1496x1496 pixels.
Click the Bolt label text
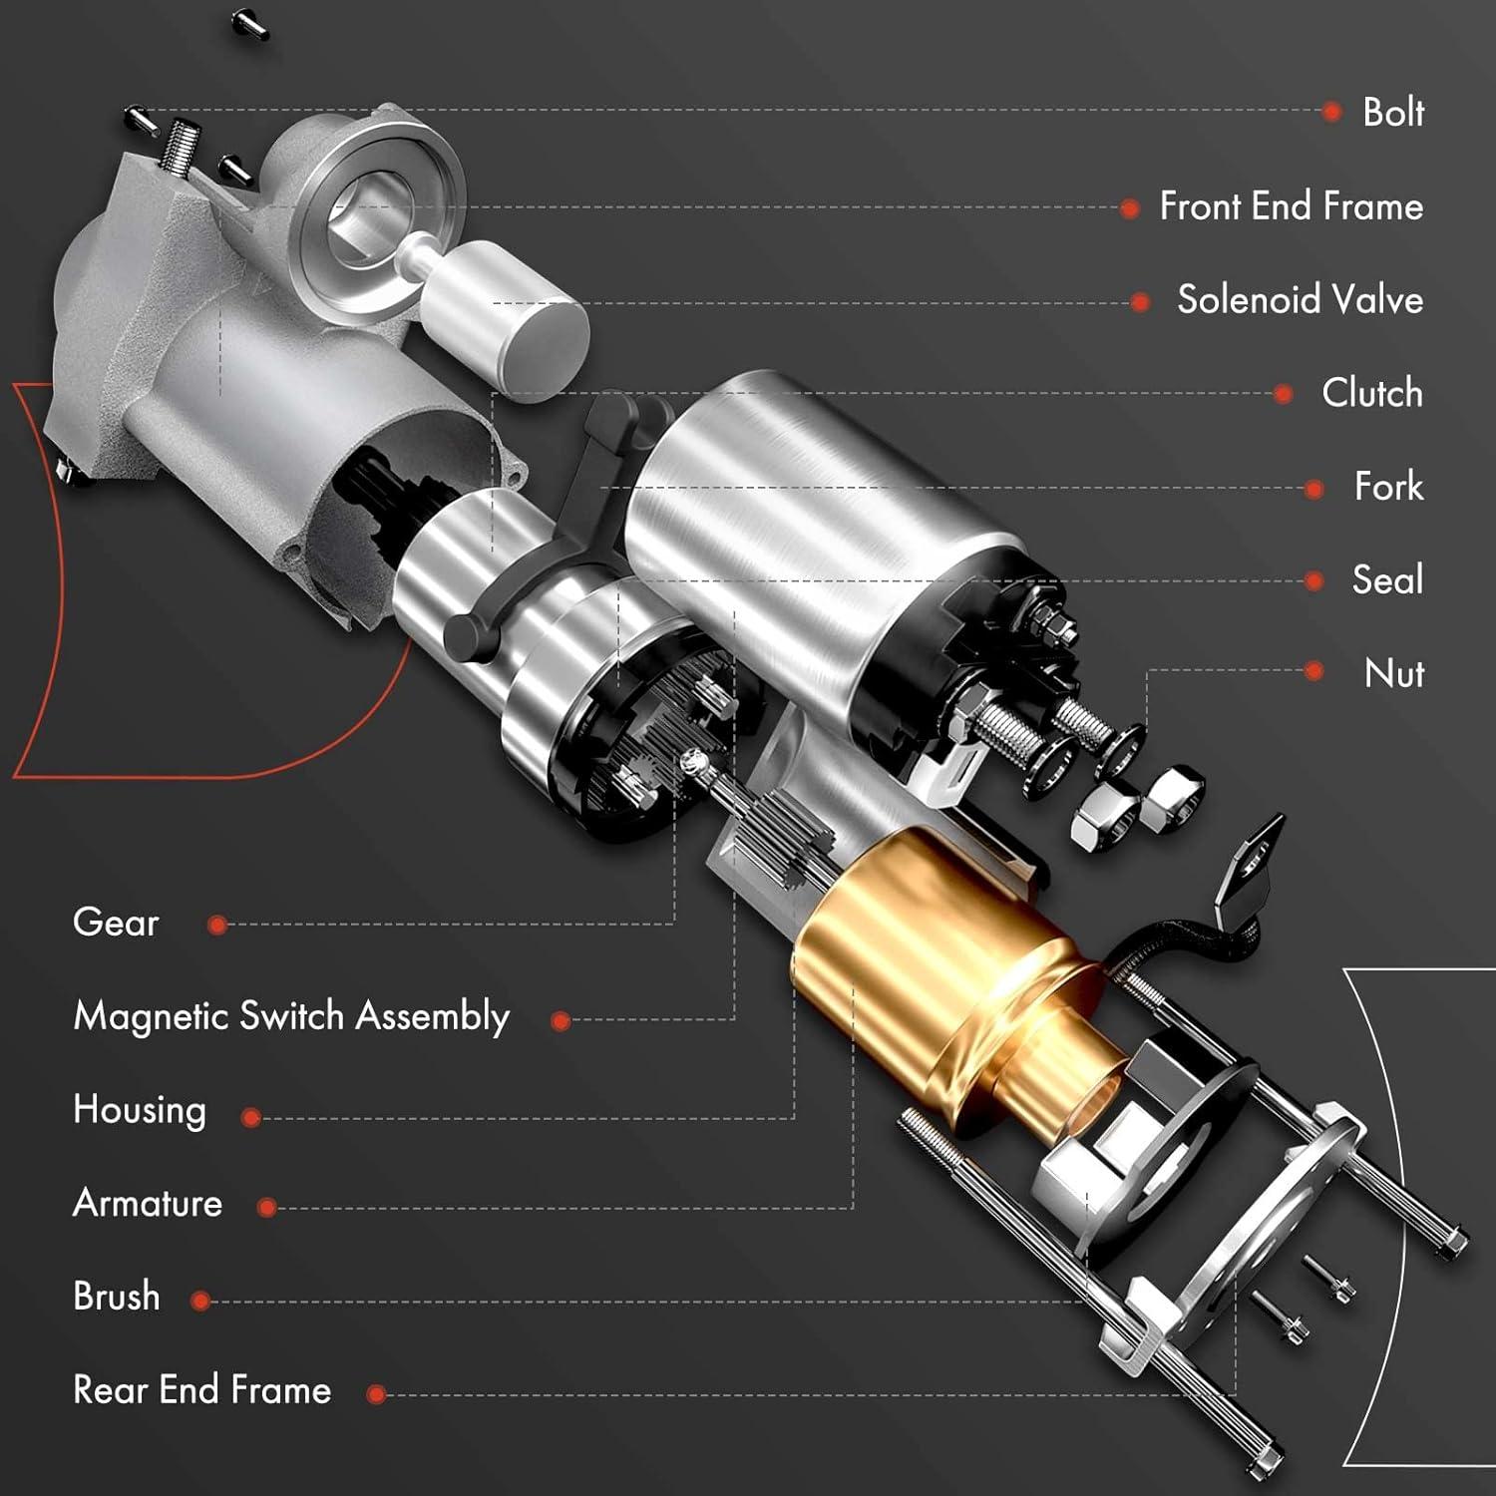pos(1392,113)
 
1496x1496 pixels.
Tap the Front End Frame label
pos(1291,206)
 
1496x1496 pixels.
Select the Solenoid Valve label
pos(1300,300)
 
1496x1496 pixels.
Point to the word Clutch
pos(1371,393)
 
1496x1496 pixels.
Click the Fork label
pos(1388,487)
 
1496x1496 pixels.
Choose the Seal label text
pos(1386,580)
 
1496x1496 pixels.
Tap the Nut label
pos(1393,674)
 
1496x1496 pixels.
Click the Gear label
pos(116,923)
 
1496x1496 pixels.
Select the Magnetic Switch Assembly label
pos(291,1016)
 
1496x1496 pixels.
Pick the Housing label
pos(140,1110)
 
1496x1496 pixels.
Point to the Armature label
pos(148,1204)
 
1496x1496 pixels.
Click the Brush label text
pos(117,1297)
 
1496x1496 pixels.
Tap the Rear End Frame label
pos(201,1390)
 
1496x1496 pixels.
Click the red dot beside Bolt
pos(1331,112)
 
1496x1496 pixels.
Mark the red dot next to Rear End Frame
pos(376,1394)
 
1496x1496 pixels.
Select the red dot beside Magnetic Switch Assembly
pos(561,1020)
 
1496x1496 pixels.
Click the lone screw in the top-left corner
pos(250,23)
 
